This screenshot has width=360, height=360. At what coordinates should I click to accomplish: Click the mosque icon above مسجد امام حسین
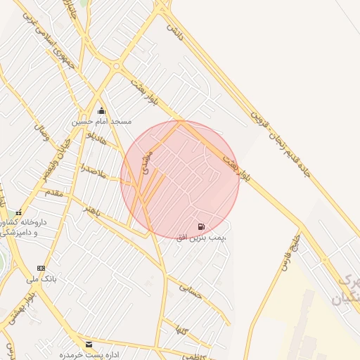click(101, 110)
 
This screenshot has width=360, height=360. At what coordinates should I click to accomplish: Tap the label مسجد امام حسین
click(101, 122)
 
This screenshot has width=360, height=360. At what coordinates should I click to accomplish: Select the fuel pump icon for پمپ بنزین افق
click(202, 226)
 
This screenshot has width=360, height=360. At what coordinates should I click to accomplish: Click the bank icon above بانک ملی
click(41, 268)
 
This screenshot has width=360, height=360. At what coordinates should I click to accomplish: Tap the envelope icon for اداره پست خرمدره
click(89, 344)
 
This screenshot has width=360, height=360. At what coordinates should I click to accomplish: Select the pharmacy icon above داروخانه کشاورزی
click(18, 212)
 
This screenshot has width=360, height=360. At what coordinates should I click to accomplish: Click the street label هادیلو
click(96, 138)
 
